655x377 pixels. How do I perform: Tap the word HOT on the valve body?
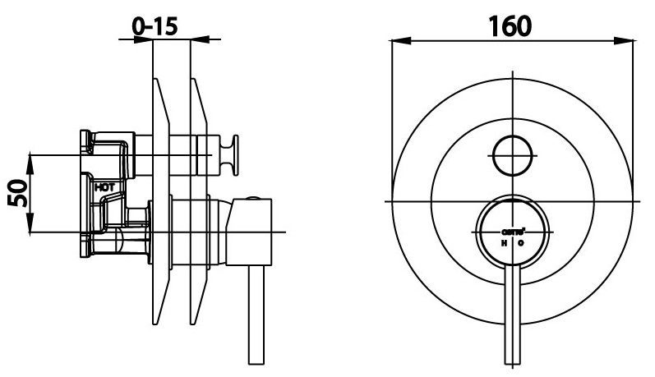pyautogui.click(x=104, y=187)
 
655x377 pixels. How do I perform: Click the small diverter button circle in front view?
pyautogui.click(x=513, y=154)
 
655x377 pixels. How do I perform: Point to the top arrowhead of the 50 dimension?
pyautogui.click(x=30, y=158)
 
